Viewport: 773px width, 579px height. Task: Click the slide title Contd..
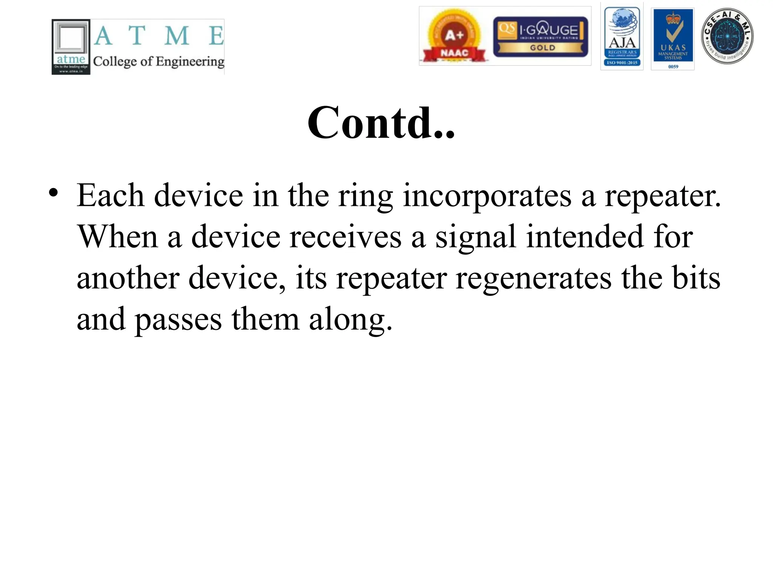(x=381, y=123)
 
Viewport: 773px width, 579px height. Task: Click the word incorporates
(x=487, y=196)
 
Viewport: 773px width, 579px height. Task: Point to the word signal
(x=475, y=237)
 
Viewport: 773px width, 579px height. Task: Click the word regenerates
(x=534, y=279)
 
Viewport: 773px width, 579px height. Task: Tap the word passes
(x=178, y=320)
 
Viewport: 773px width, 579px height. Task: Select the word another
(x=128, y=279)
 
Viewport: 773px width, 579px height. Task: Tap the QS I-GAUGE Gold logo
(x=540, y=37)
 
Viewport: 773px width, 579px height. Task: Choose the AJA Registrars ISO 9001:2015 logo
(x=622, y=37)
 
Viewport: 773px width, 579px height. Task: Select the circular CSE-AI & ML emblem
(x=727, y=36)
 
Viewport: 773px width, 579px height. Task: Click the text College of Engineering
(x=159, y=61)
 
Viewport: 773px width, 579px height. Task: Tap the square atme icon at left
(x=71, y=47)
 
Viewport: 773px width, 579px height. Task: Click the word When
(x=117, y=237)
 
